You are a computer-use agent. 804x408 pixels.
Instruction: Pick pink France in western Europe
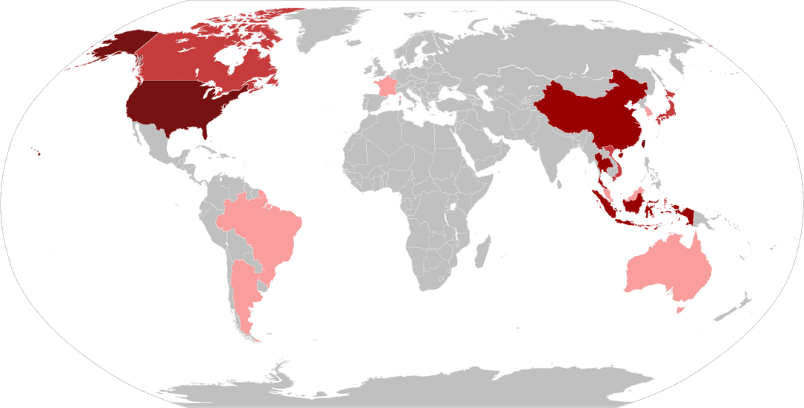[386, 86]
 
